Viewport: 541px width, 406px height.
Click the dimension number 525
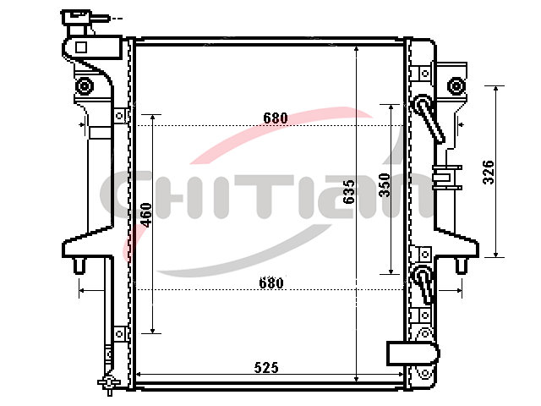(266, 367)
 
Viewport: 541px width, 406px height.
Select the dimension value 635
(349, 192)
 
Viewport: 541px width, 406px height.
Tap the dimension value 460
(146, 215)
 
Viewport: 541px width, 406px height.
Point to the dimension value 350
(384, 185)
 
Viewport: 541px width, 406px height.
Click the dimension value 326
(489, 172)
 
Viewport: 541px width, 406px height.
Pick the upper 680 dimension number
(276, 118)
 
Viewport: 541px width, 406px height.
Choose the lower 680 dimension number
(271, 283)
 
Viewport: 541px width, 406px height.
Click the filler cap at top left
(77, 17)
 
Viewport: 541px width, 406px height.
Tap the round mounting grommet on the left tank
(85, 86)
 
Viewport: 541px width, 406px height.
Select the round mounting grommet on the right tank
(456, 86)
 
